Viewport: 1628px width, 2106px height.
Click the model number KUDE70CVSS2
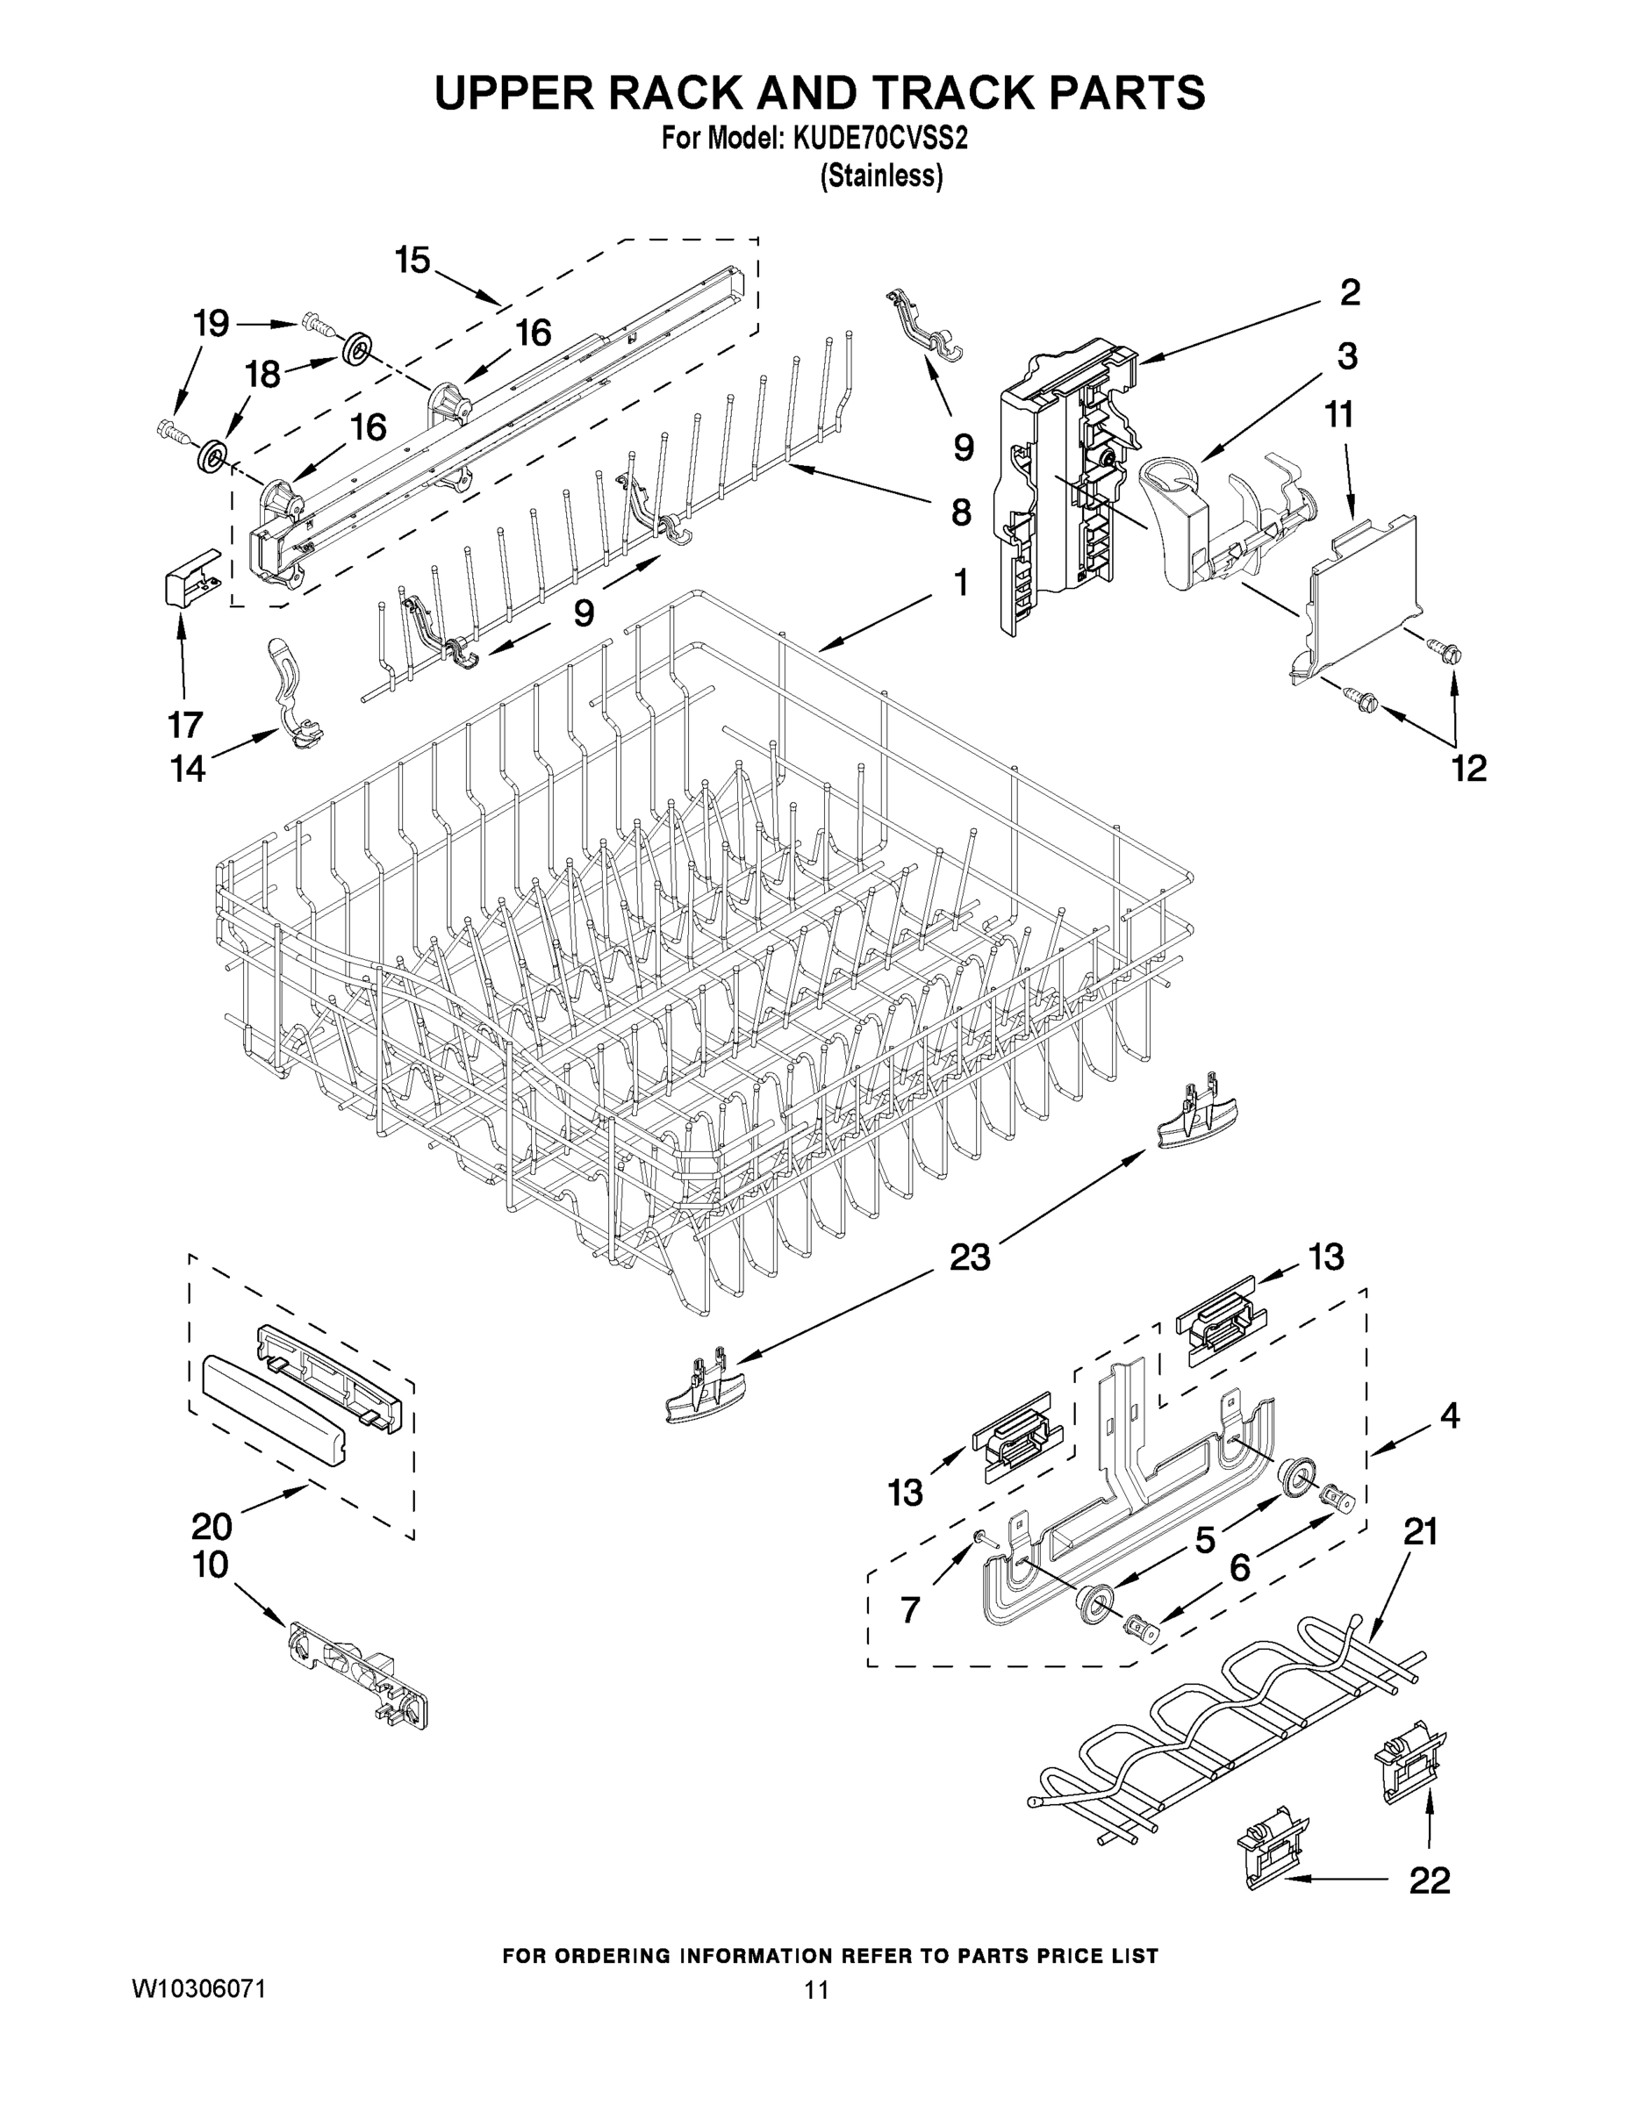coord(879,139)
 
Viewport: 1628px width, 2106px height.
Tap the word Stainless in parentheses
coord(880,176)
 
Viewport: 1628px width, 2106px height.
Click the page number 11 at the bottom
coord(816,1989)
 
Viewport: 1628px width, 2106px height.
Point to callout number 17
coord(185,723)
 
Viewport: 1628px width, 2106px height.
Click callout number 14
coord(188,769)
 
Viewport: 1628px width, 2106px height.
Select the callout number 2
coord(1349,292)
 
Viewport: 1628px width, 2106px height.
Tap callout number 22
coord(1430,1880)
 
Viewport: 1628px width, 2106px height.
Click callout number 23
coord(969,1257)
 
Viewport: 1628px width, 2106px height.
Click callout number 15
coord(412,260)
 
